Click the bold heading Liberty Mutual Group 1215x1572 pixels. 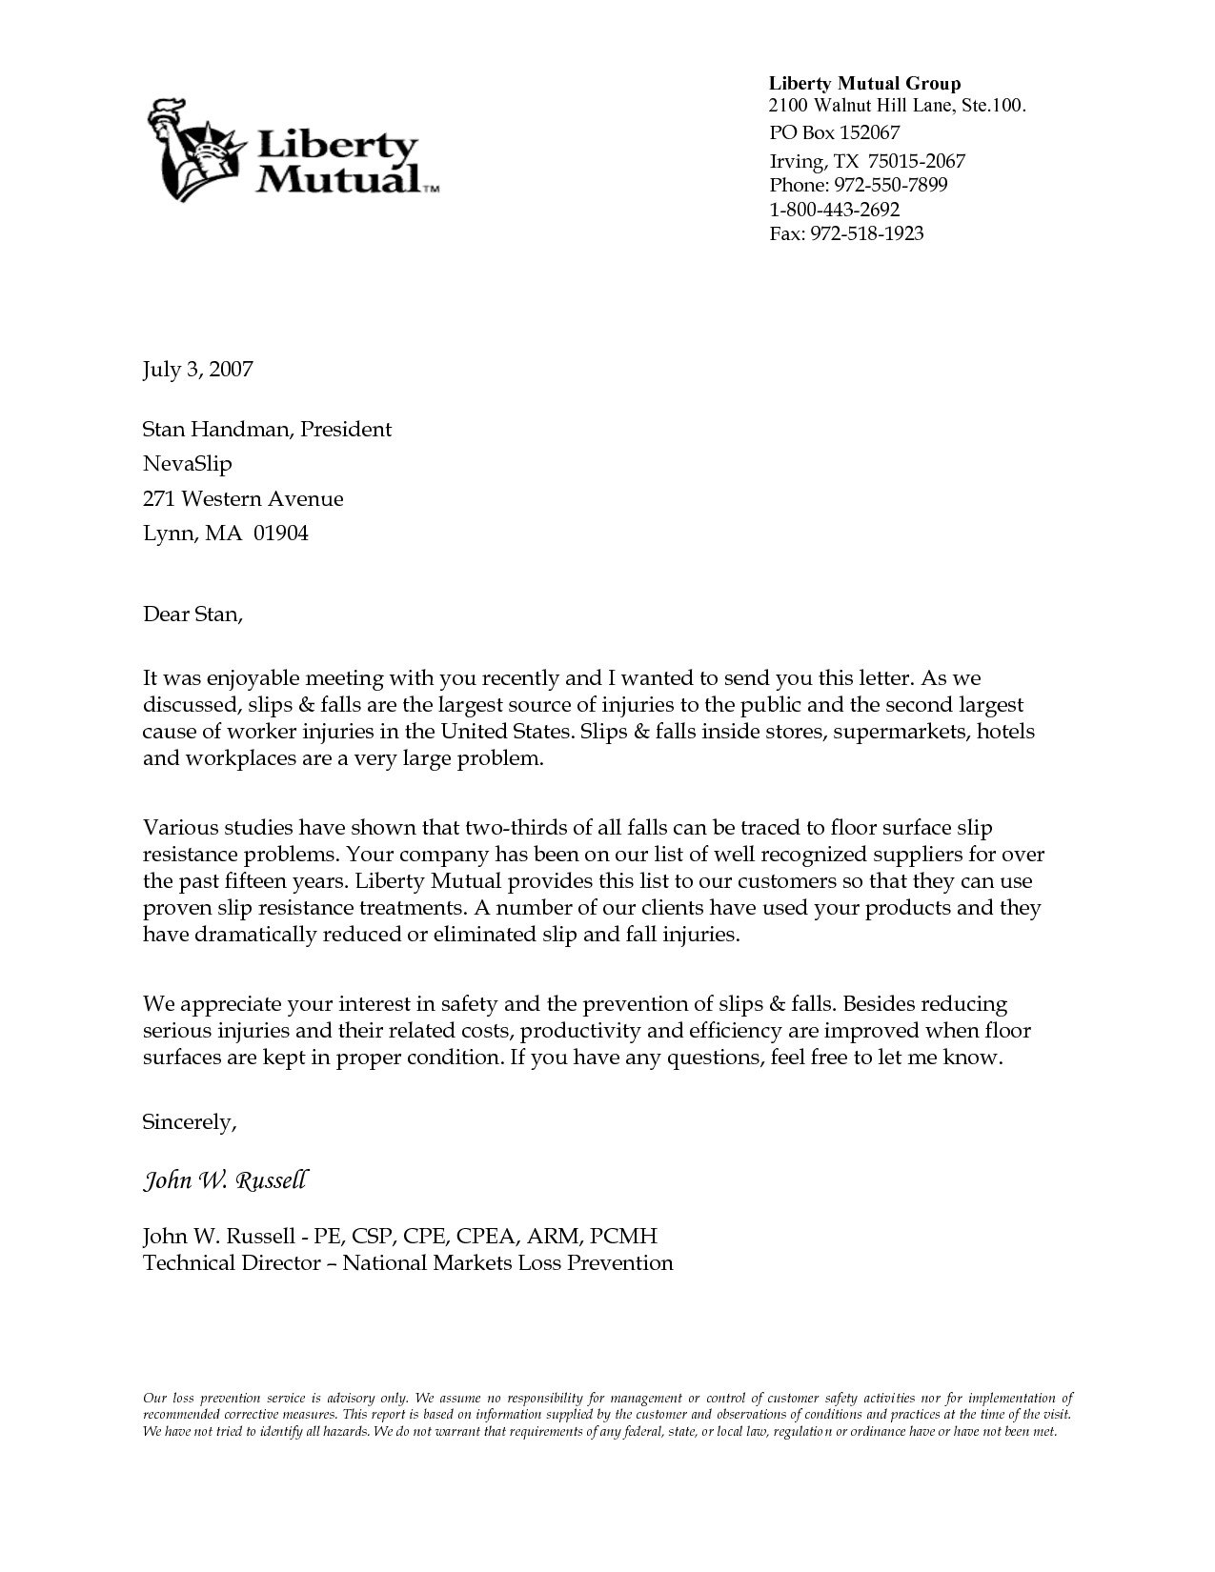864,84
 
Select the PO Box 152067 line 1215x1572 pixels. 834,132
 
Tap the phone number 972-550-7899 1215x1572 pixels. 890,185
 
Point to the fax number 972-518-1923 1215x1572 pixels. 866,233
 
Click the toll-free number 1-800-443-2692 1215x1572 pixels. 834,210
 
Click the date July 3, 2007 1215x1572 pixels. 197,370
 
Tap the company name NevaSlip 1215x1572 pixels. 187,465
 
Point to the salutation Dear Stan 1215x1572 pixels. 192,615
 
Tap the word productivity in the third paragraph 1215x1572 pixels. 580,1031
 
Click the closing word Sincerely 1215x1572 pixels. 188,1122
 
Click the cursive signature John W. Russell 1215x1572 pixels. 225,1181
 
